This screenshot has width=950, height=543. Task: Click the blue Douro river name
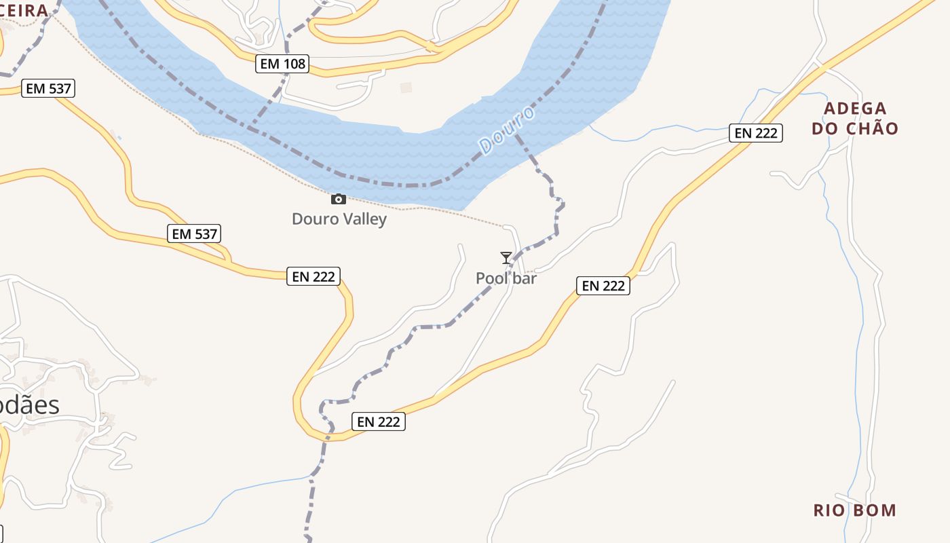click(506, 130)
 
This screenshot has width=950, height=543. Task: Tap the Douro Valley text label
click(339, 219)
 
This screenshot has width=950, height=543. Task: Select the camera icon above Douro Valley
click(338, 199)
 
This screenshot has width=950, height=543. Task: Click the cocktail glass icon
click(506, 257)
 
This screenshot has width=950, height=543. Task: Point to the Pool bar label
click(506, 278)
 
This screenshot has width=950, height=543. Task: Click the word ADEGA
click(855, 109)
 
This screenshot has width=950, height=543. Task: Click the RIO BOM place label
click(855, 510)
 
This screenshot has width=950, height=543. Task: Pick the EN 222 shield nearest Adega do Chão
click(756, 133)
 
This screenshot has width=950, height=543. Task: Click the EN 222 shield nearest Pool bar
click(603, 286)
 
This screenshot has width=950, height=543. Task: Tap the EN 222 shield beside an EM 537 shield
click(313, 276)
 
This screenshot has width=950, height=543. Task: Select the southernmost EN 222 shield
click(379, 422)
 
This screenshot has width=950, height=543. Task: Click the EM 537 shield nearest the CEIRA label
click(47, 88)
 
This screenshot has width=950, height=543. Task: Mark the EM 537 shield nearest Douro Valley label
click(194, 234)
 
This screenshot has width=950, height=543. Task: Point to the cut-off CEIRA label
click(24, 10)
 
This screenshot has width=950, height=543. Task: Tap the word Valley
click(364, 219)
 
